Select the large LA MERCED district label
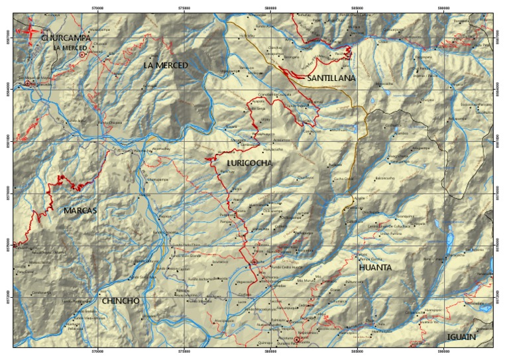166,65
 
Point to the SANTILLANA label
331,78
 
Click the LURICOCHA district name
249,162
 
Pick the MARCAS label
80,211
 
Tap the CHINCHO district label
121,301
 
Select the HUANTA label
375,268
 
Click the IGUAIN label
461,337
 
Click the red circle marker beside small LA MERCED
82,55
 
